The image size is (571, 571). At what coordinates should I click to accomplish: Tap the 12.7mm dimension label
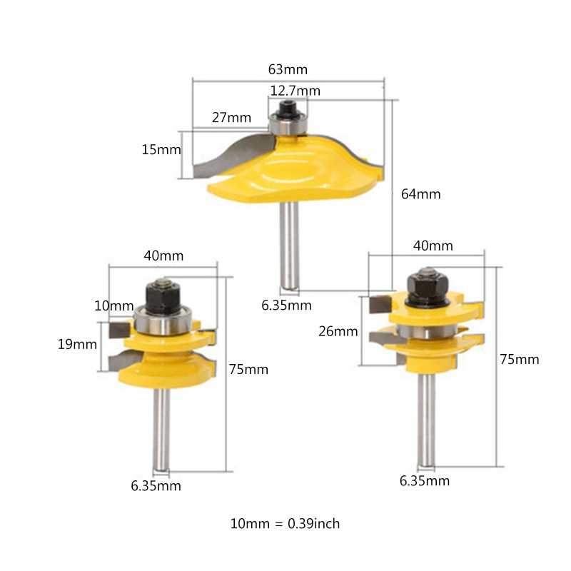[295, 91]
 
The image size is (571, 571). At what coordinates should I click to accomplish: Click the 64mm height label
[421, 194]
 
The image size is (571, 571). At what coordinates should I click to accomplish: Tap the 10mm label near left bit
[113, 306]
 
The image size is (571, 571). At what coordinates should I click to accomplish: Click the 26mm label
[338, 331]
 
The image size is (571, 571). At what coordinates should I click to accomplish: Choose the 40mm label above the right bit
[433, 246]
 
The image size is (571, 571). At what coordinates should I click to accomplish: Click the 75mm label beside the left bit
[248, 370]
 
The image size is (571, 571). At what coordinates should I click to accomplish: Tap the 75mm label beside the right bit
[520, 360]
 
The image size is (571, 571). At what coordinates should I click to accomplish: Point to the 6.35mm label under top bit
[286, 305]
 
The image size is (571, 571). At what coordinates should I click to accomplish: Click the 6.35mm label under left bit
[156, 487]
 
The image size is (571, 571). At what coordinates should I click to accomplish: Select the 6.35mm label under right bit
[425, 481]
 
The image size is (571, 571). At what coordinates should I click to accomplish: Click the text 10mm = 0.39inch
[285, 524]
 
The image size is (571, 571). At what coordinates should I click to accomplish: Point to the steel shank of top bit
[290, 243]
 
